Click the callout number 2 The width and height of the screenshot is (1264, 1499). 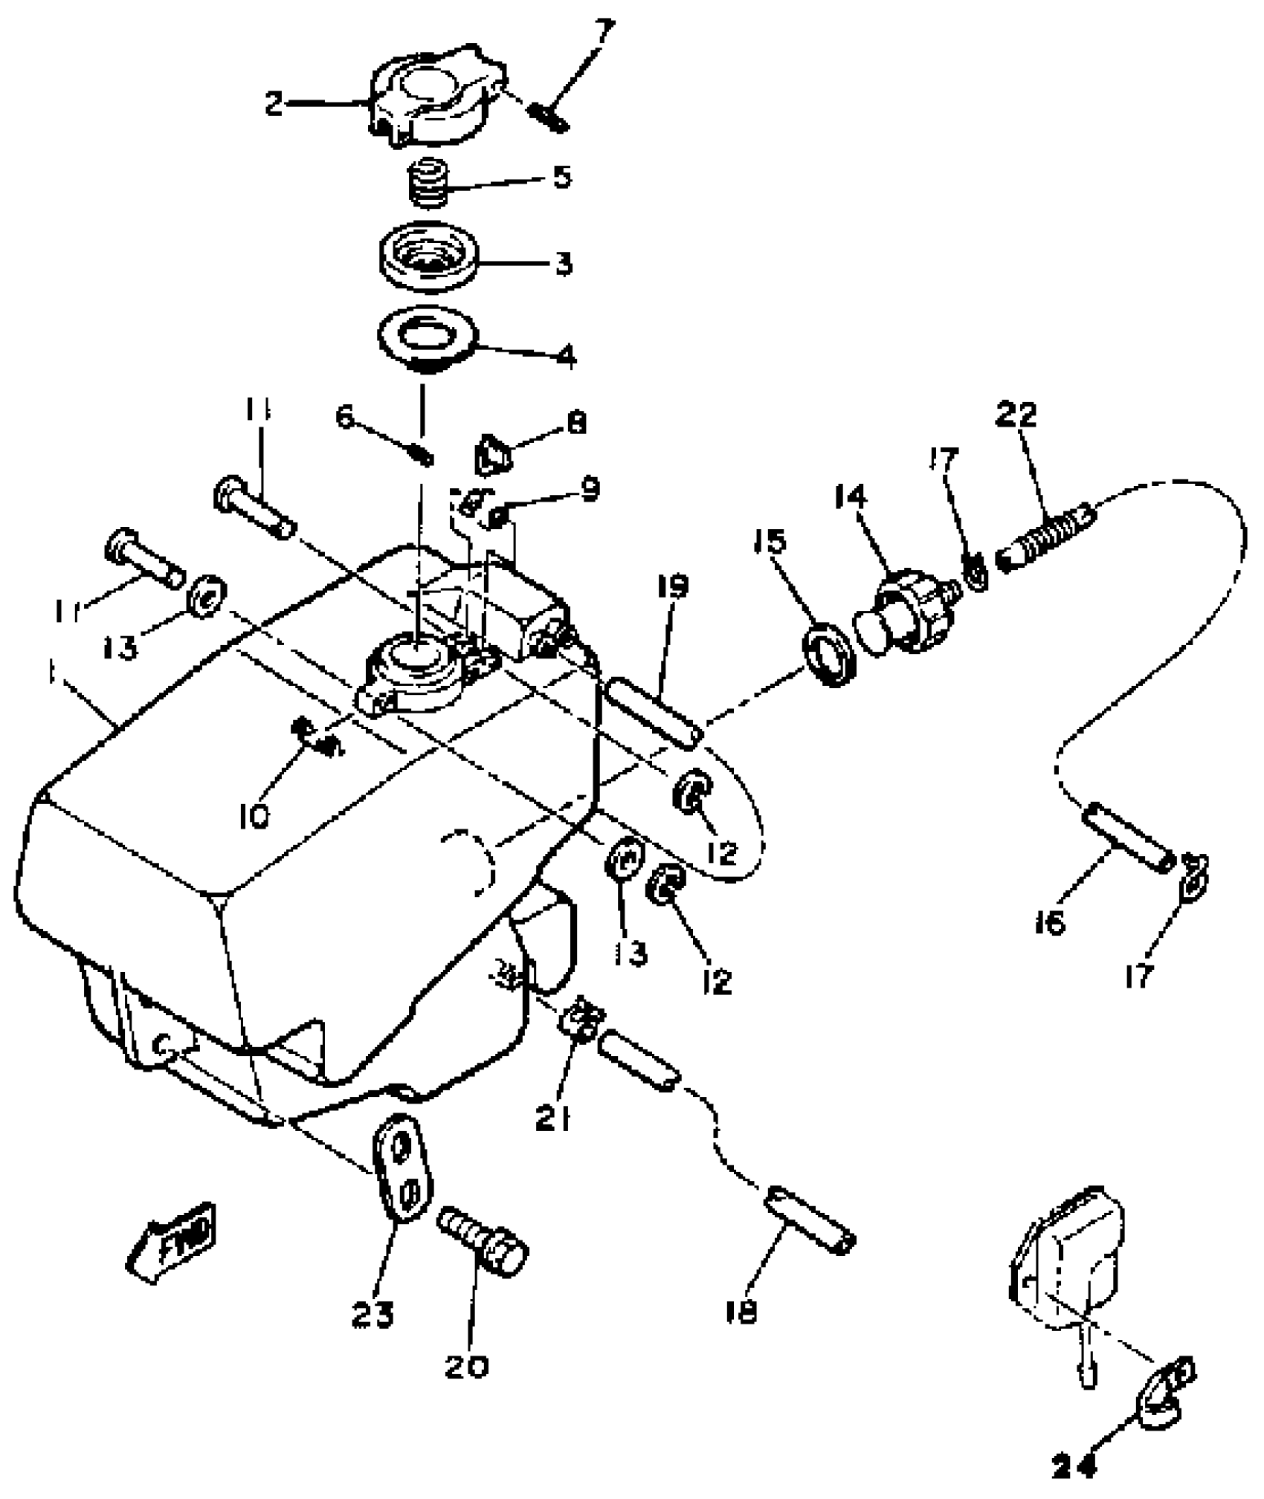pos(274,103)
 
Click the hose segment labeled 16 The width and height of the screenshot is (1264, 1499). pos(1128,836)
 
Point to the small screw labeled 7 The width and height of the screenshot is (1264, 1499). pos(549,118)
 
